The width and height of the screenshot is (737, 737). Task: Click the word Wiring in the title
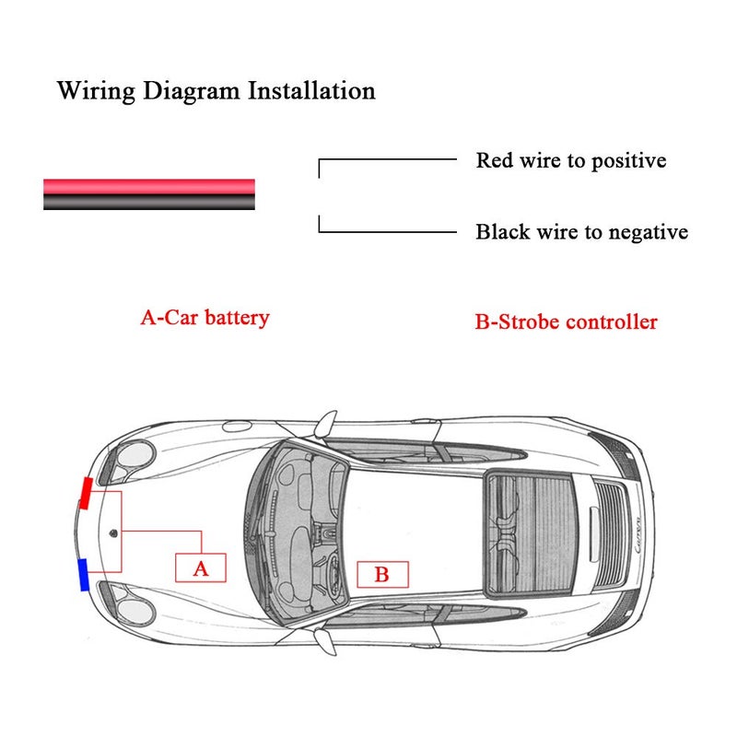pos(97,91)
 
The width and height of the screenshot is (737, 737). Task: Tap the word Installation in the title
pos(311,90)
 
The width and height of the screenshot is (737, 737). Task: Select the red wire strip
pos(149,187)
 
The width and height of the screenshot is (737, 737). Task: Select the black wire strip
pos(149,202)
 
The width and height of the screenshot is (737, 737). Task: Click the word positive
pos(628,162)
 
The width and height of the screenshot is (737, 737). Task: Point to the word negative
pos(649,233)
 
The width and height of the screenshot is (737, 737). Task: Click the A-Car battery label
pos(205,318)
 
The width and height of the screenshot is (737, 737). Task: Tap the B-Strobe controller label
pos(566,322)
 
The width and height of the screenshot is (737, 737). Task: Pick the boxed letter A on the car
pos(201,567)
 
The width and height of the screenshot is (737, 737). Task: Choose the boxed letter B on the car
pos(382,574)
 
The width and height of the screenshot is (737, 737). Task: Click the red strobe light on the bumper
pos(86,493)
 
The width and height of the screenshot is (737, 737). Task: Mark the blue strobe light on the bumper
pos(83,575)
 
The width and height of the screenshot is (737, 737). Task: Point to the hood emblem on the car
pos(113,533)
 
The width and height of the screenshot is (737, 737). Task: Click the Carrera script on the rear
pos(638,536)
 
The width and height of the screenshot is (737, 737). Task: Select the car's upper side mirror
pos(325,423)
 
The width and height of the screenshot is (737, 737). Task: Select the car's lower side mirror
pos(325,642)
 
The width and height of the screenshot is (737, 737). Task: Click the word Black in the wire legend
pos(503,232)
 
